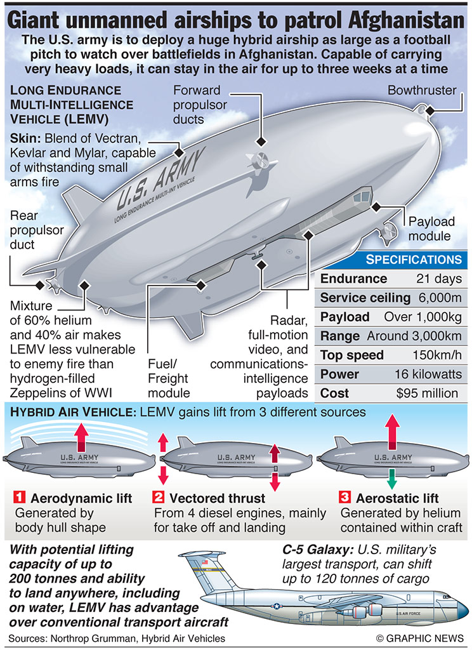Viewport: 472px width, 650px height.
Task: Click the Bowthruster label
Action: coord(422,90)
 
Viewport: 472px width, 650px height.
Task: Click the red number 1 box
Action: coord(20,497)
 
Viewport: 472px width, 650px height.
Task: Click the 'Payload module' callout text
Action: coord(431,229)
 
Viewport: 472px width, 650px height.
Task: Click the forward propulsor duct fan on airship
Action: coord(259,161)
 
